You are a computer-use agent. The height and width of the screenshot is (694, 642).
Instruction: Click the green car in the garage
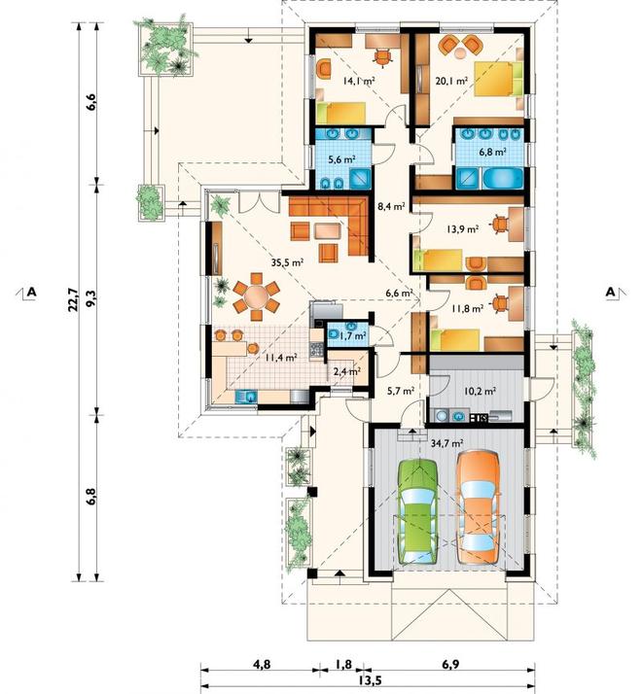point(418,512)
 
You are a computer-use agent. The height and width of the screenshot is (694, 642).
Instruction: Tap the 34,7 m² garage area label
point(446,442)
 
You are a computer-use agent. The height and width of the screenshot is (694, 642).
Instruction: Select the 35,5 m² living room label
point(287,262)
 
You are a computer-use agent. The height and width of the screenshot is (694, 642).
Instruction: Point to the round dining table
point(256,296)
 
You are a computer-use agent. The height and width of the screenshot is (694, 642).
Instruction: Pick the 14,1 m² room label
point(359,81)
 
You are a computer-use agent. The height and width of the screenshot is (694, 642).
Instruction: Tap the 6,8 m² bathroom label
point(492,152)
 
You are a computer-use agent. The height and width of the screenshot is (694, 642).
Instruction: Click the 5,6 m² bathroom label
point(342,159)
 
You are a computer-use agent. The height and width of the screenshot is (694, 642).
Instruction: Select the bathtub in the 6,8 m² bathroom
point(503,179)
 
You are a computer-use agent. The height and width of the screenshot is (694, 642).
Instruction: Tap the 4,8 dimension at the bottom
point(262,664)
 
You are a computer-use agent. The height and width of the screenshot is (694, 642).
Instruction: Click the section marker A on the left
point(31,292)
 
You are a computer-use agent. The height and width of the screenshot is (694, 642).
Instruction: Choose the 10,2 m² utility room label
point(480,392)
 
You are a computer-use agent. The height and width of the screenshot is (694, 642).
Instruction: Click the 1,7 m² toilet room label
point(353,335)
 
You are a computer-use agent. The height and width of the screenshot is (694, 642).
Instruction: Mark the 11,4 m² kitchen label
point(281,358)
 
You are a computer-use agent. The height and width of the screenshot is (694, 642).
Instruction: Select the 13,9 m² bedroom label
point(463,229)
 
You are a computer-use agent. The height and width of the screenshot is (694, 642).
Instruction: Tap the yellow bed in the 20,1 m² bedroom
point(498,79)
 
